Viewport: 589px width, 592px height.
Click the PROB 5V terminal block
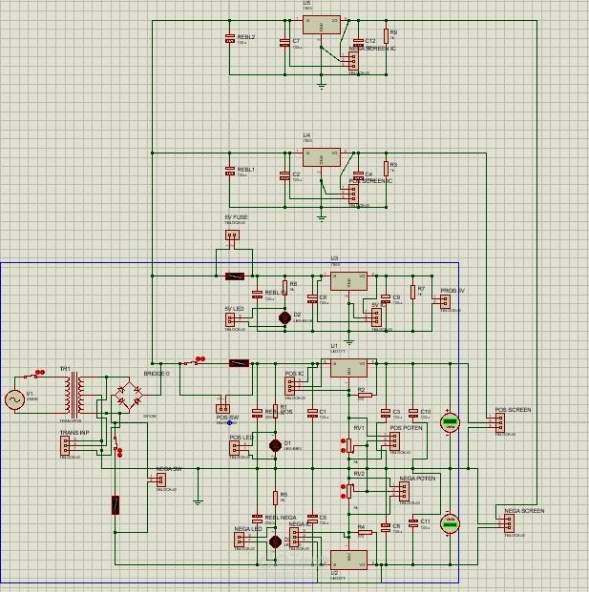(444, 302)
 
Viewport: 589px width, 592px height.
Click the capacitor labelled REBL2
(229, 39)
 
